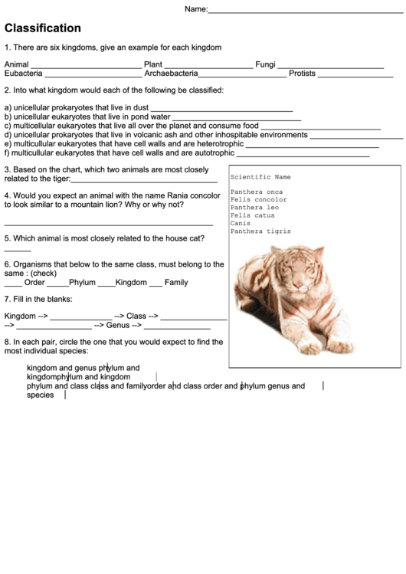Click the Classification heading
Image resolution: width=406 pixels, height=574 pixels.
pos(43,28)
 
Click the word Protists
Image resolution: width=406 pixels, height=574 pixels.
pos(302,74)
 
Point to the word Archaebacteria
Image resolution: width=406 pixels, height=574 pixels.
pos(171,74)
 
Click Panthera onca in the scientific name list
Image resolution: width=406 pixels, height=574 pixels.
pos(256,192)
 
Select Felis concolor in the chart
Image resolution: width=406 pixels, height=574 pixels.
pos(258,199)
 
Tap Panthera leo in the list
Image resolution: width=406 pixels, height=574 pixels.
pos(254,208)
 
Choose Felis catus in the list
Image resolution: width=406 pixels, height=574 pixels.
pos(252,215)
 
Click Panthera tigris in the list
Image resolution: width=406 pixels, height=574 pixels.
pos(260,231)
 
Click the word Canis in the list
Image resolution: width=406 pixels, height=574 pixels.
pos(241,223)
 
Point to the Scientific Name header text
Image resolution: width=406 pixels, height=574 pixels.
pos(260,177)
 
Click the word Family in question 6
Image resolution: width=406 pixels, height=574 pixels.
pos(176,283)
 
